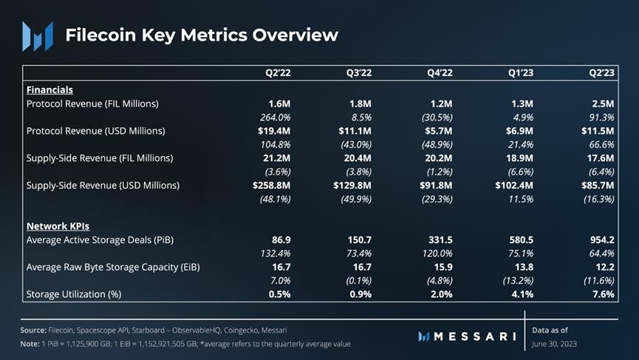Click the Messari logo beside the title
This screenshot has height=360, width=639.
point(37,35)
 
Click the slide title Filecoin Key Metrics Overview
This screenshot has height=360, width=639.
point(202,35)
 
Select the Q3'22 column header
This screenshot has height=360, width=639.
point(358,72)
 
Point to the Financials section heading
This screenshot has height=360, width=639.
point(49,89)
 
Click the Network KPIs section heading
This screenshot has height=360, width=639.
point(58,225)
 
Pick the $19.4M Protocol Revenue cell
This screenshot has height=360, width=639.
point(275,131)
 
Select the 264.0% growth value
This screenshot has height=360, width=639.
point(276,117)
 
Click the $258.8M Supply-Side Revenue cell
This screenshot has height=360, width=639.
point(271,185)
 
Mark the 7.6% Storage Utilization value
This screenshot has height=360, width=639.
point(603,294)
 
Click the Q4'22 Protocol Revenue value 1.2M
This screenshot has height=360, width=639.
point(440,103)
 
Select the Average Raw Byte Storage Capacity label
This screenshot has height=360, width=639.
point(112,267)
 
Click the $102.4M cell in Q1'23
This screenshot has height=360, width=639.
point(514,185)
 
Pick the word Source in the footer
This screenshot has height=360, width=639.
point(33,330)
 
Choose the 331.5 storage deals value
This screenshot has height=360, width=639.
point(439,240)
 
